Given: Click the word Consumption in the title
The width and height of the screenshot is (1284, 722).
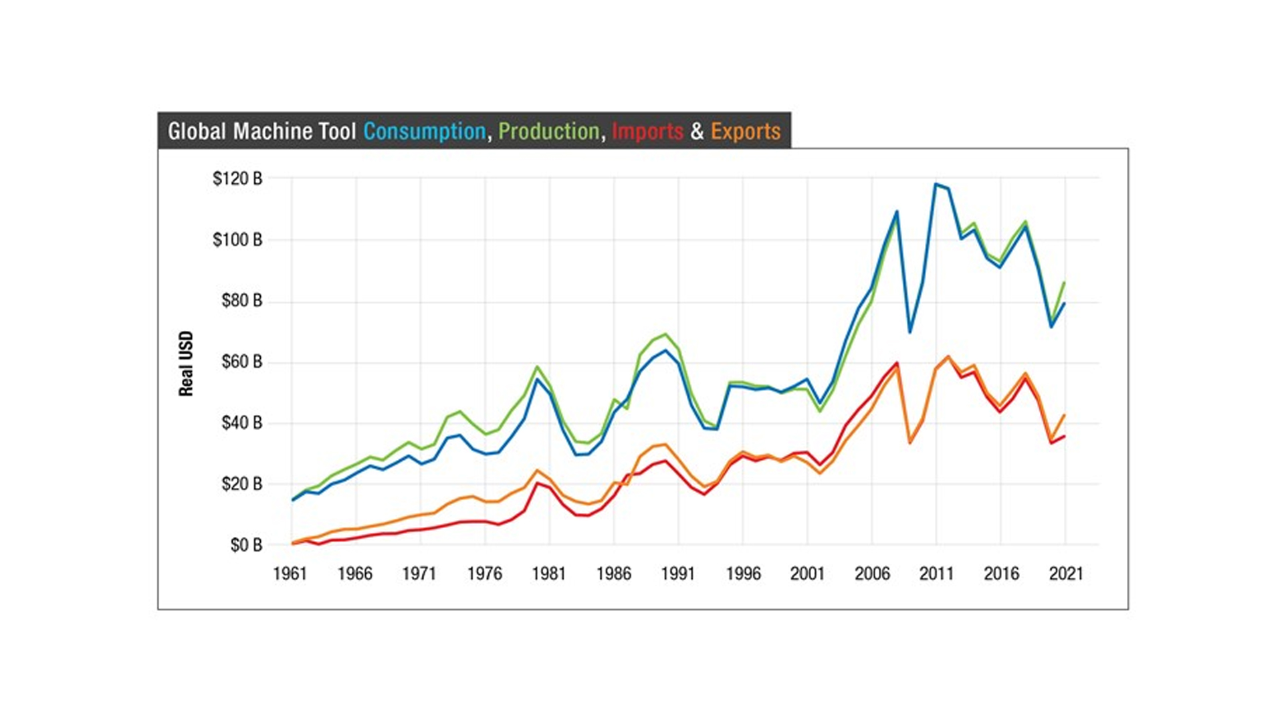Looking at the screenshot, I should (424, 131).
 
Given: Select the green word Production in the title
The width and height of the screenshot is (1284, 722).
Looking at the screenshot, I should (548, 131).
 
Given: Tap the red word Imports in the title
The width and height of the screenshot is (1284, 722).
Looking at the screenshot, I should (647, 131).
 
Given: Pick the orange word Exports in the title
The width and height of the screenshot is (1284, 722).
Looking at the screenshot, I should (745, 131).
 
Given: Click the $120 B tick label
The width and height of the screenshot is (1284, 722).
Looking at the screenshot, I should (237, 178).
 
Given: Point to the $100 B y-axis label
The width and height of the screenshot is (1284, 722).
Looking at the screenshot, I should (237, 239).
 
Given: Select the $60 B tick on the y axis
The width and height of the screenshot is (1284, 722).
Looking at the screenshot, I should (241, 362).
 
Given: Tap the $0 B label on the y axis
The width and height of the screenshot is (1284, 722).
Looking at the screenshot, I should (246, 545).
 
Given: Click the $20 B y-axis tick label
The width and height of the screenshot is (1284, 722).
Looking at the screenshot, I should (241, 483).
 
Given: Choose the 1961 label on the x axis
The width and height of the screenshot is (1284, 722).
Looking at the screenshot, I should (290, 574).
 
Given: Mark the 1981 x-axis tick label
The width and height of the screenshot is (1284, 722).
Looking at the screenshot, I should (548, 574).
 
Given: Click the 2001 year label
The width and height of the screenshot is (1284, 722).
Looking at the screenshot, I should (807, 574).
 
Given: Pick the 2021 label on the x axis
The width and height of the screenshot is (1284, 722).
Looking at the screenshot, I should (1065, 574).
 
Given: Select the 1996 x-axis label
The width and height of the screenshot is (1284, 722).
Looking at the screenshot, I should (743, 574).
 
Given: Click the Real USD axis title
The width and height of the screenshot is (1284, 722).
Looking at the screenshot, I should (186, 363).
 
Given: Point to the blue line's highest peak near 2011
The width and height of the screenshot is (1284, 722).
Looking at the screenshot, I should (936, 184).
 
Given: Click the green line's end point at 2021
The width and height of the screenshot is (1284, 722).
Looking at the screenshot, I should (1065, 283).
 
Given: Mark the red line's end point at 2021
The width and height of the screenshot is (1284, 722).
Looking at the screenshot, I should (1065, 436).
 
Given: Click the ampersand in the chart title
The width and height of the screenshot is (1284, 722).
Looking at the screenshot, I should (697, 131).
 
